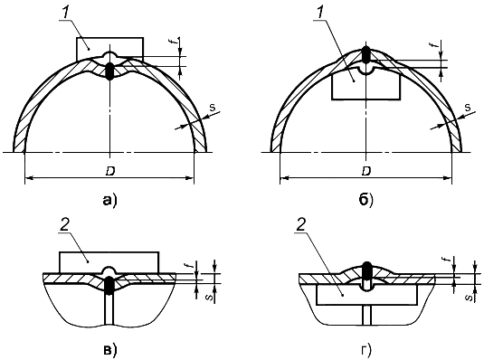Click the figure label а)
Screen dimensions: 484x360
pos(109,201)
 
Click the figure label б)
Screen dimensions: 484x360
pos(366,201)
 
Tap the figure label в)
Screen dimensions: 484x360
pos(109,350)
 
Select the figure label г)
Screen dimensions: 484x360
pos(366,350)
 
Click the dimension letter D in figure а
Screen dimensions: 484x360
pos(109,172)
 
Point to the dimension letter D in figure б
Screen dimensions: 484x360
pos(366,171)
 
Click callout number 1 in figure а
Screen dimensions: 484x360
pos(66,13)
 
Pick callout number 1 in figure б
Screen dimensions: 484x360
pos(321,13)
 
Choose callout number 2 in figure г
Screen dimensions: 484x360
pos(300,226)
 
